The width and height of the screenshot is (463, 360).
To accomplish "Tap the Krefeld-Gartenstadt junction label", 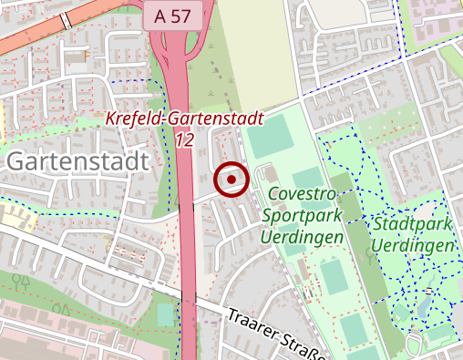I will click(184, 118).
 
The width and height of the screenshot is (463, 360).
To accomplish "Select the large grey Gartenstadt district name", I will click(77, 161).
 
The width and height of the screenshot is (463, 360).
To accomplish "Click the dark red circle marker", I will click(231, 180).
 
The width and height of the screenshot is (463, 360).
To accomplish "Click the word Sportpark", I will click(302, 216).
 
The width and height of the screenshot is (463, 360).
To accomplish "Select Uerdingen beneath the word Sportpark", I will click(302, 237).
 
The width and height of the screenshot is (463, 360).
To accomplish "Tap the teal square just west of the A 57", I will click(165, 314).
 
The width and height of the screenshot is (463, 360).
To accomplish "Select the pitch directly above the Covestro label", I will click(307, 175).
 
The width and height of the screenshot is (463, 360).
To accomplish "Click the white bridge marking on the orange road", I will click(66, 21).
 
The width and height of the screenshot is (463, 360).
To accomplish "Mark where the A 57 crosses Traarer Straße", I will click(188, 300).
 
